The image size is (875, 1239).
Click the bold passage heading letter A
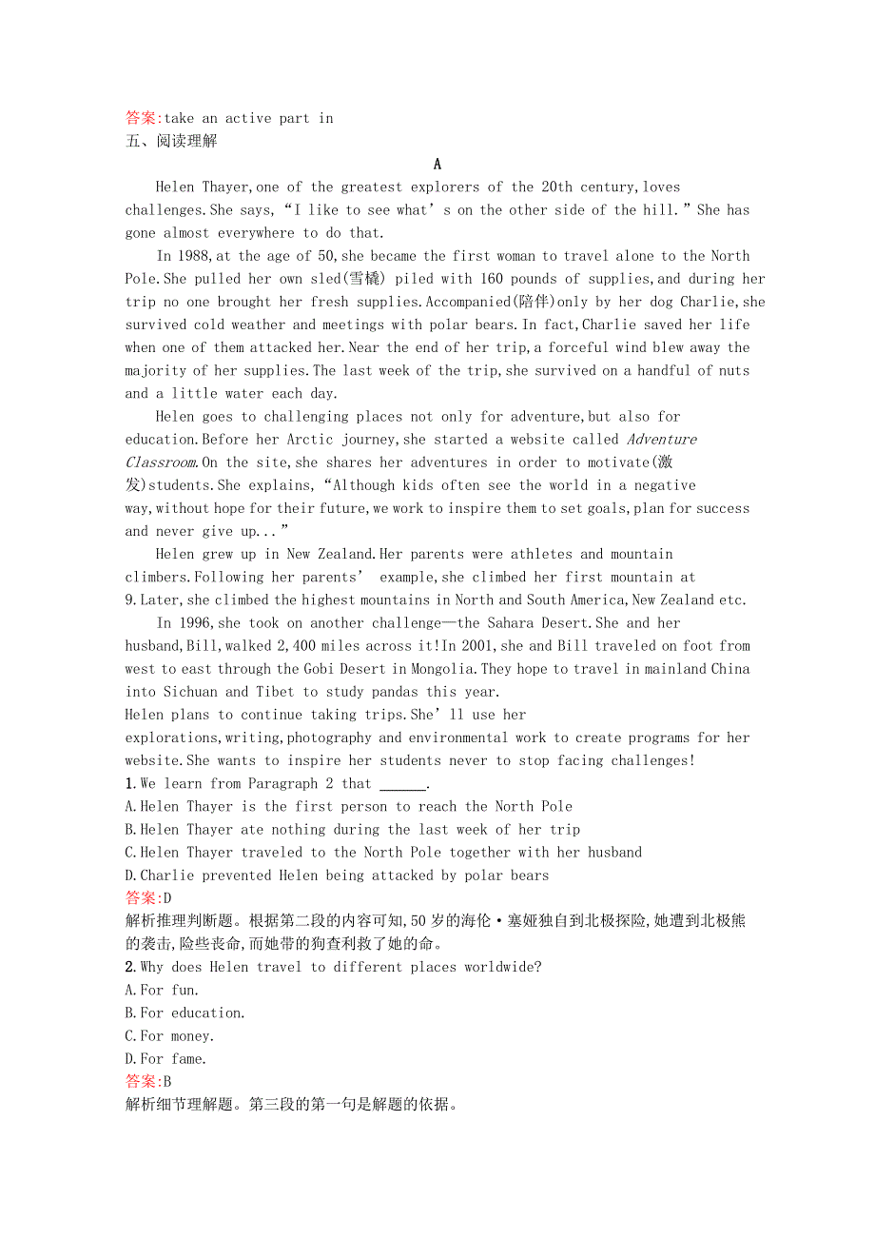437,164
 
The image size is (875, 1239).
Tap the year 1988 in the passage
191,256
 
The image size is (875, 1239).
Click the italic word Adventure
662,440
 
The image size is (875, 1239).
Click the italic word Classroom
162,462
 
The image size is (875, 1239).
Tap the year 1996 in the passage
191,623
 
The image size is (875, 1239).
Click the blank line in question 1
402,784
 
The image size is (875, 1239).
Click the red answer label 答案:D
148,898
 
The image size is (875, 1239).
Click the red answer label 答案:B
148,1082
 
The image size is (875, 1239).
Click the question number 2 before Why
130,967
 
